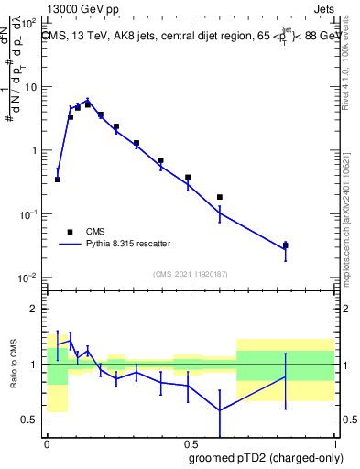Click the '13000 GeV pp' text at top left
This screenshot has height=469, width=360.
[81, 8]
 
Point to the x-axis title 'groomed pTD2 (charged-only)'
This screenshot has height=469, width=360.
[266, 457]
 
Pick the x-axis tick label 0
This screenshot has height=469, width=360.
[47, 443]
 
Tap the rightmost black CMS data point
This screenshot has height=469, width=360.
[286, 245]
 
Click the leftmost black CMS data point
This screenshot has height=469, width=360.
[58, 180]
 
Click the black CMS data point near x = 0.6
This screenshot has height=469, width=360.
[220, 197]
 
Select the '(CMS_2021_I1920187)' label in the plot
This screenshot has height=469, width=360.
[191, 274]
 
